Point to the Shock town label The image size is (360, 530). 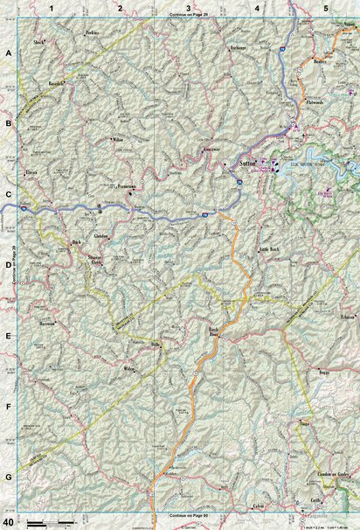[x=38, y=41]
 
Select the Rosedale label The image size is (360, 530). [x=57, y=85]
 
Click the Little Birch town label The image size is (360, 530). [x=268, y=249]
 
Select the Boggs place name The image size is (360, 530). [x=324, y=373]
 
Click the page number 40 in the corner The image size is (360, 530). [x=8, y=522]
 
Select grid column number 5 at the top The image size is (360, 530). [x=325, y=8]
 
